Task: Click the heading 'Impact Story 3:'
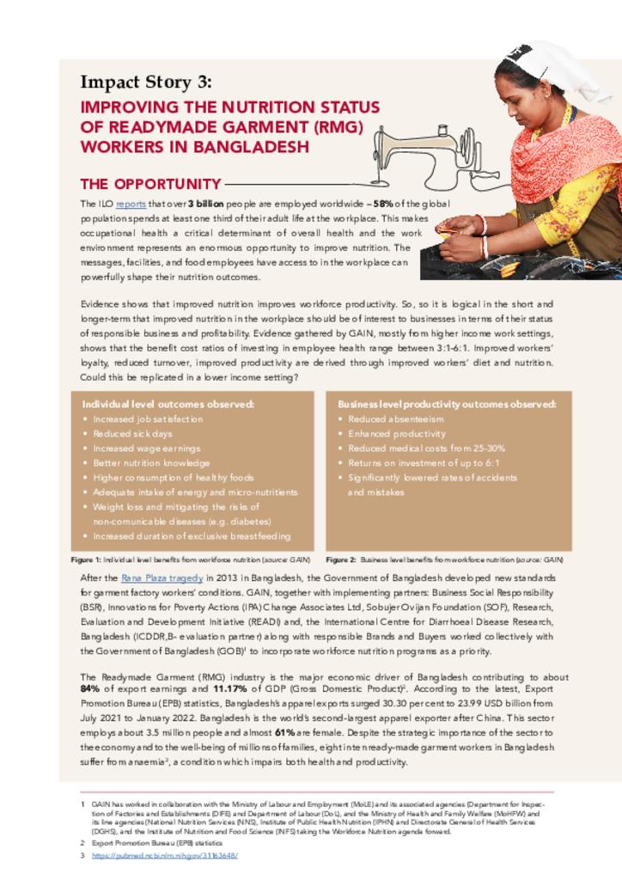click(x=145, y=82)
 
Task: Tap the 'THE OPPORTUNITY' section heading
click(x=150, y=184)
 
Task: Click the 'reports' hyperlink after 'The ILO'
click(x=131, y=205)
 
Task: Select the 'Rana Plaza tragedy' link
click(x=162, y=578)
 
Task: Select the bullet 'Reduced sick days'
click(x=132, y=434)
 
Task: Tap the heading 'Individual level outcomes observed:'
click(x=168, y=404)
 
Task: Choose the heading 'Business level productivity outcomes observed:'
click(x=447, y=404)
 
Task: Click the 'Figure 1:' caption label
click(x=86, y=559)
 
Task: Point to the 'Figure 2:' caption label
click(x=341, y=559)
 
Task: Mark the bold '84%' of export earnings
click(x=90, y=689)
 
